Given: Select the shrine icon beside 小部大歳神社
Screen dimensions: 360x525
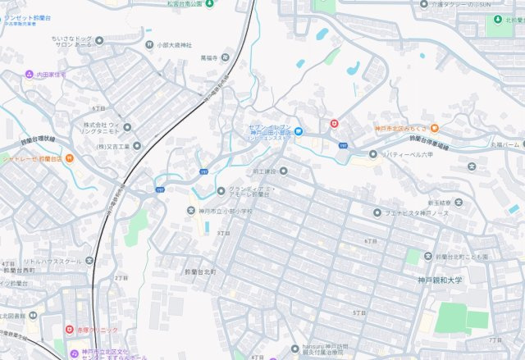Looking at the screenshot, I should [149, 45].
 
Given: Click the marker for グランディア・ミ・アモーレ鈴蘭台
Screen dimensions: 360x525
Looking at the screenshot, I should [221, 191].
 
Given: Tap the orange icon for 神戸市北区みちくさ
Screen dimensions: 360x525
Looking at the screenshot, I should [434, 127].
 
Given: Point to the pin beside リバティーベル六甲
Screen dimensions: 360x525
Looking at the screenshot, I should [373, 153].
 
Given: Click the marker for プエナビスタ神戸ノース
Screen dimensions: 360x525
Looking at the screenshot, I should [377, 212].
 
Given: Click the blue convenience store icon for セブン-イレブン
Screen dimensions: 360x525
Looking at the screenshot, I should [299, 130].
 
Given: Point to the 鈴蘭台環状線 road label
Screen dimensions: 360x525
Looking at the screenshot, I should [38, 139].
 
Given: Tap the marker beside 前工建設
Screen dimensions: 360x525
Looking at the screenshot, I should [284, 171].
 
